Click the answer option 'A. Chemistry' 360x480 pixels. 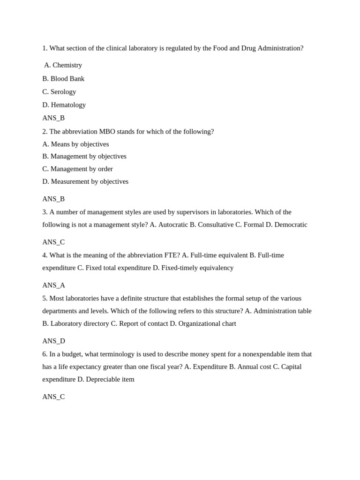pyautogui.click(x=63, y=65)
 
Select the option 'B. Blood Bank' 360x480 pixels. pyautogui.click(x=63, y=79)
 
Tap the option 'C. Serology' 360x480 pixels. pyautogui.click(x=59, y=92)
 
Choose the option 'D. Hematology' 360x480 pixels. pyautogui.click(x=64, y=105)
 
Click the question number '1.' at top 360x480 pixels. pyautogui.click(x=45, y=48)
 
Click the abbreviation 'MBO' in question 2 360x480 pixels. pyautogui.click(x=107, y=132)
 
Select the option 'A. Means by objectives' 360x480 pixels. pyautogui.click(x=75, y=144)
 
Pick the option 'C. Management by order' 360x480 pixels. pyautogui.click(x=77, y=169)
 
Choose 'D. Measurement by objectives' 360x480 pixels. pyautogui.click(x=85, y=182)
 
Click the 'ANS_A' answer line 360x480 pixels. pyautogui.click(x=53, y=285)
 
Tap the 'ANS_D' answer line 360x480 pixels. pyautogui.click(x=53, y=341)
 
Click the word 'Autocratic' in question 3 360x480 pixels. pyautogui.click(x=173, y=225)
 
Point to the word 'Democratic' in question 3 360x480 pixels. pyautogui.click(x=291, y=225)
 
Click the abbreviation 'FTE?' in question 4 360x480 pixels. pyautogui.click(x=171, y=255)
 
